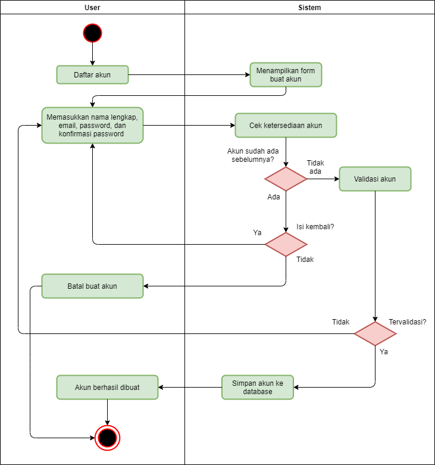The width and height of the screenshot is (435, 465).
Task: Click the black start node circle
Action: pyautogui.click(x=92, y=33)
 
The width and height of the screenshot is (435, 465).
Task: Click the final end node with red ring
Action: pyautogui.click(x=107, y=438)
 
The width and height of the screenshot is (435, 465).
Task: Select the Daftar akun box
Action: pyautogui.click(x=92, y=75)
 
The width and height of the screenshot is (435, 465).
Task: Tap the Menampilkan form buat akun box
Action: pyautogui.click(x=286, y=75)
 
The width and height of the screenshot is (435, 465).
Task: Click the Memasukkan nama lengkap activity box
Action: pyautogui.click(x=92, y=126)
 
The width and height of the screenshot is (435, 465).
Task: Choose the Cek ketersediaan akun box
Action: pyautogui.click(x=286, y=126)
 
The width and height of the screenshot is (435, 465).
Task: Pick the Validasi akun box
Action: pyautogui.click(x=375, y=179)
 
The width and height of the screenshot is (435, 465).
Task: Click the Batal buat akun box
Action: pyautogui.click(x=92, y=286)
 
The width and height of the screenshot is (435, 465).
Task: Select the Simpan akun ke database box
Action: pyautogui.click(x=258, y=387)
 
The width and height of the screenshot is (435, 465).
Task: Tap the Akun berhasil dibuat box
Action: pyautogui.click(x=107, y=387)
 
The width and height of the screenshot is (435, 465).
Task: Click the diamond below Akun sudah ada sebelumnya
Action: pyautogui.click(x=286, y=179)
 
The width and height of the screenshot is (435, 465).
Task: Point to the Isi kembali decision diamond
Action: pyautogui.click(x=286, y=244)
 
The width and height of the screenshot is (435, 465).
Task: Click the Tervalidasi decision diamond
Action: pyautogui.click(x=375, y=333)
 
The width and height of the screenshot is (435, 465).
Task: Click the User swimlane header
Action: pyautogui.click(x=92, y=7)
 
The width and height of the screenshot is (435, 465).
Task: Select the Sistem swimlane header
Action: pyautogui.click(x=309, y=7)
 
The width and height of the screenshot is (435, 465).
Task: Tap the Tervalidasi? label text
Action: pyautogui.click(x=408, y=322)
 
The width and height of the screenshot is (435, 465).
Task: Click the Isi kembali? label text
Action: pyautogui.click(x=315, y=227)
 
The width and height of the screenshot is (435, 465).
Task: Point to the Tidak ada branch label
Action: pyautogui.click(x=315, y=167)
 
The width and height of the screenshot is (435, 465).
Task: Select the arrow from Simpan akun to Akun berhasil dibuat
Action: pyautogui.click(x=190, y=387)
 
